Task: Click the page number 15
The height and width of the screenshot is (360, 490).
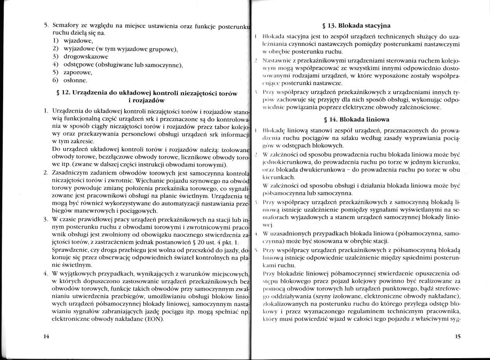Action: click(x=458, y=336)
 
